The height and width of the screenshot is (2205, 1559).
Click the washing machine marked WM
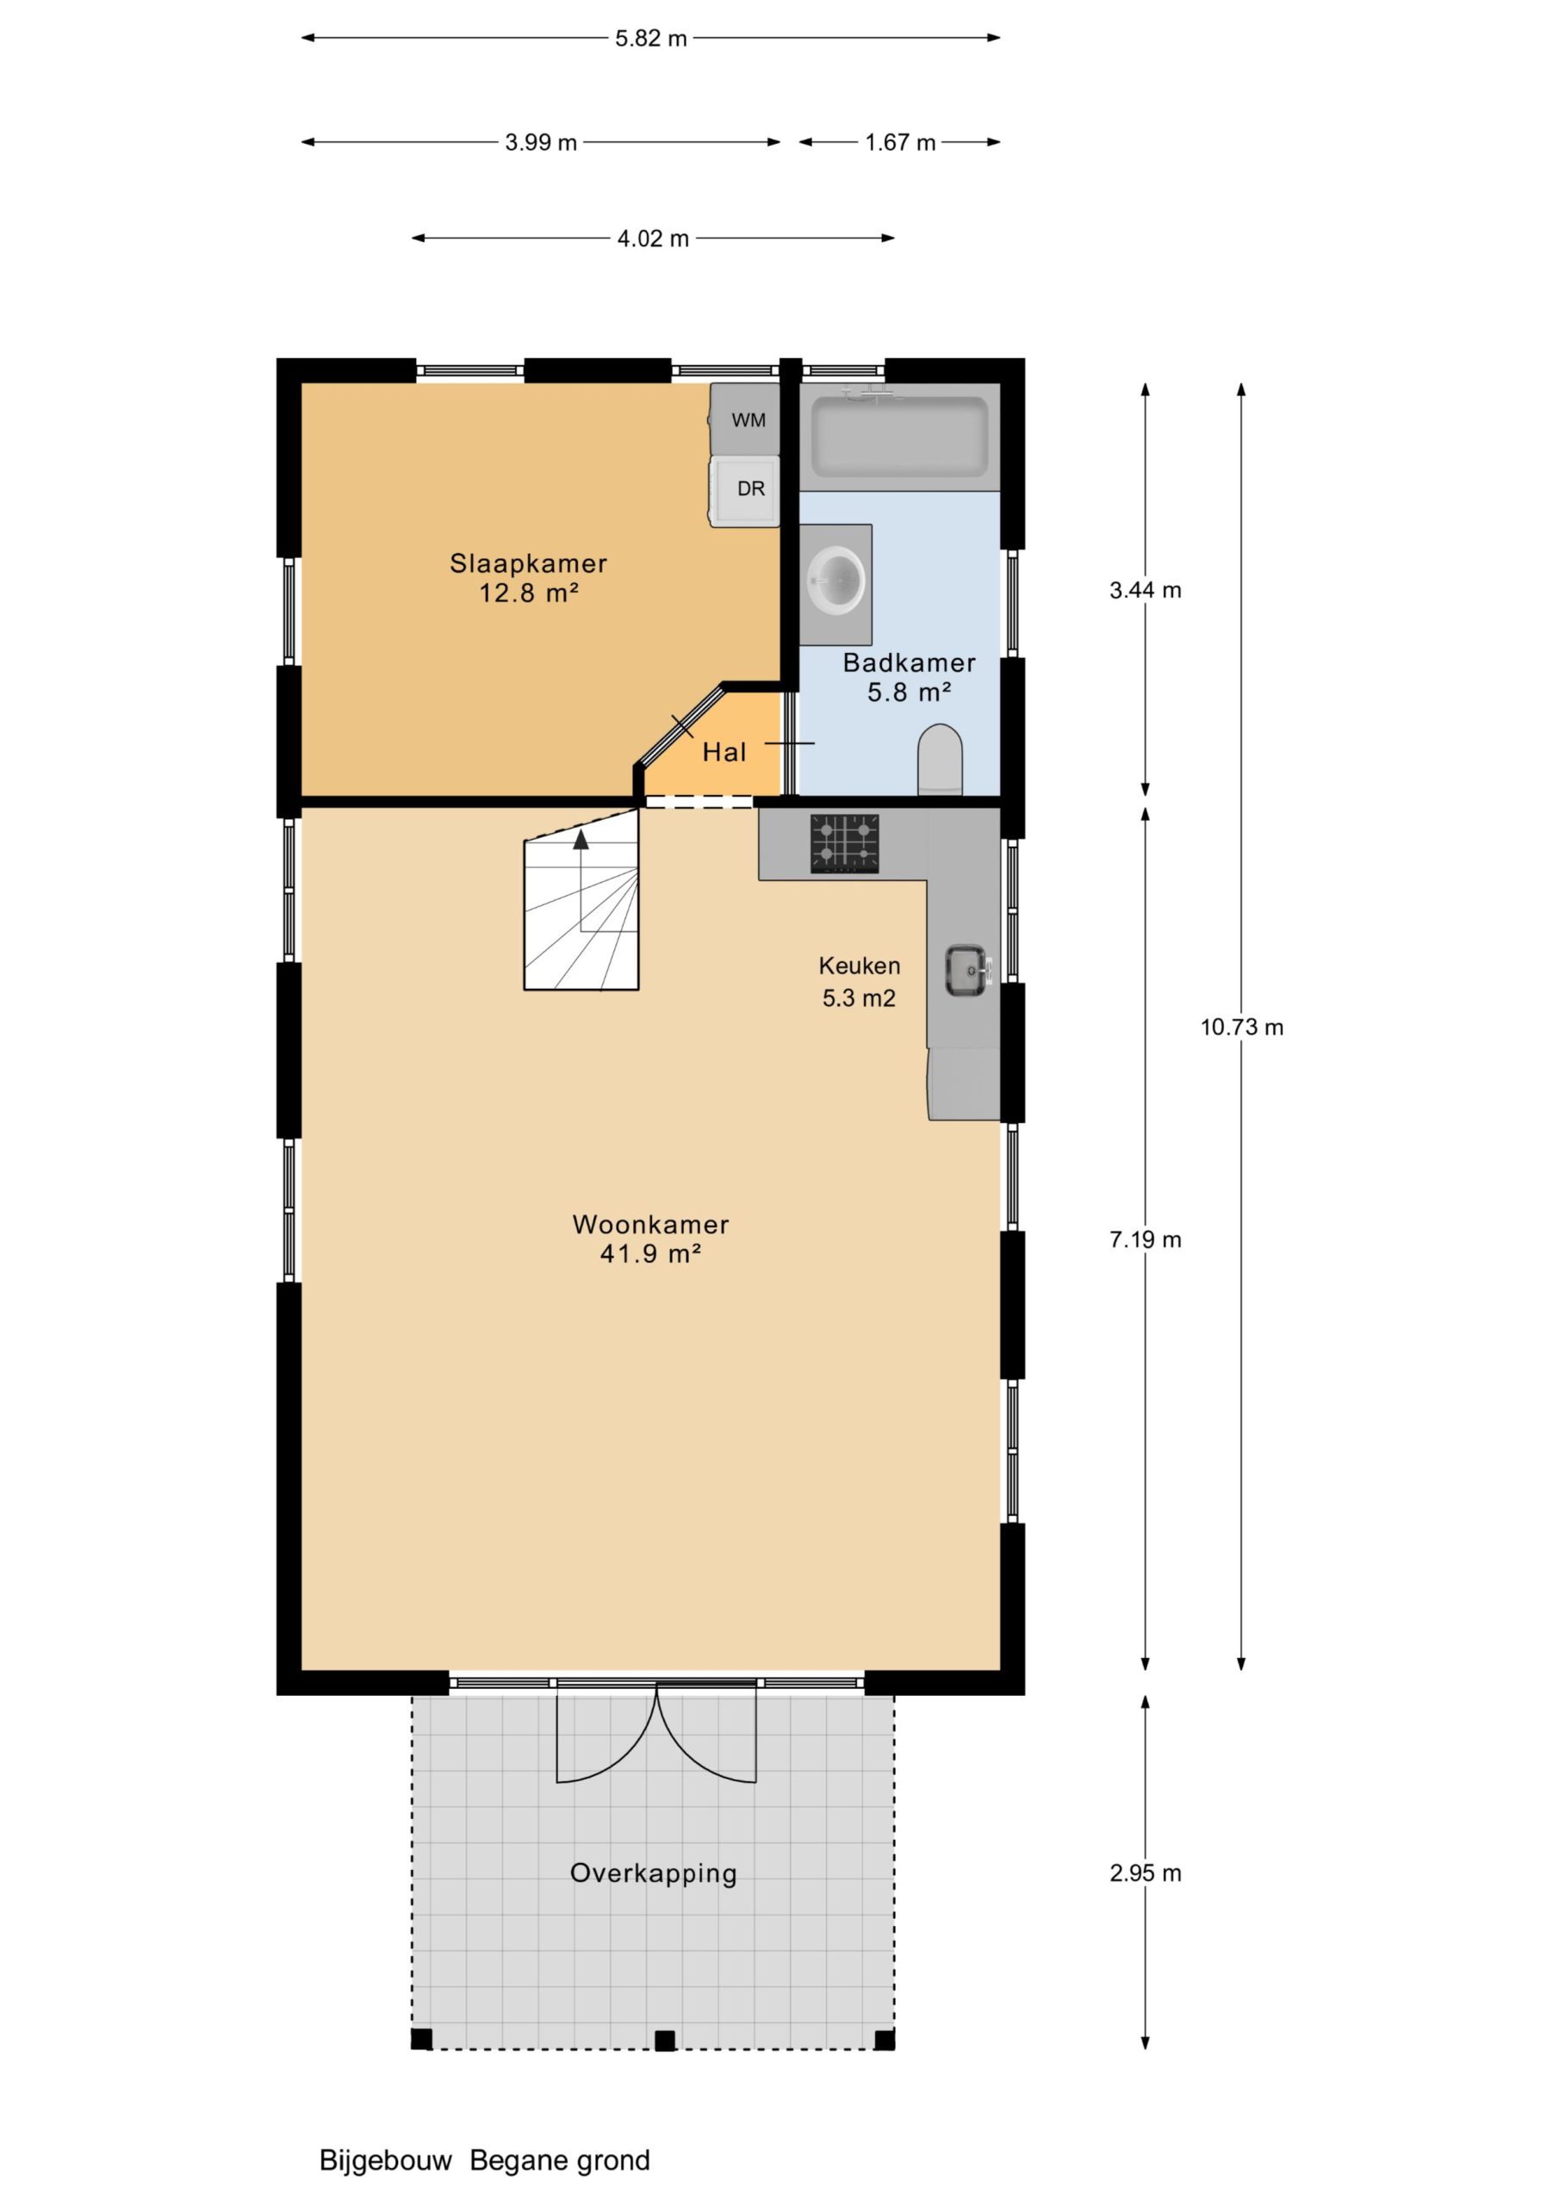(x=744, y=419)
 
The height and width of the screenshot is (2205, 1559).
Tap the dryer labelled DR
(x=744, y=491)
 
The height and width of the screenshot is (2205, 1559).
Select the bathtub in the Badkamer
(x=899, y=437)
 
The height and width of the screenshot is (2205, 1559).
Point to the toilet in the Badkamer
(x=940, y=760)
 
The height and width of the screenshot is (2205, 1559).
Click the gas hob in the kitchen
(x=844, y=843)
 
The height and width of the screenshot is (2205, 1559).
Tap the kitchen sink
(x=966, y=970)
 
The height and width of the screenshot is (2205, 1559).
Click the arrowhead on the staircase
(x=581, y=839)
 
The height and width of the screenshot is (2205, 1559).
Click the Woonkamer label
(x=650, y=1225)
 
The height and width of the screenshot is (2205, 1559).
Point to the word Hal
(x=724, y=752)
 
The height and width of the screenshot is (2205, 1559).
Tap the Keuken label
(x=859, y=966)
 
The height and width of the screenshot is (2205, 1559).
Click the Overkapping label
(x=653, y=1873)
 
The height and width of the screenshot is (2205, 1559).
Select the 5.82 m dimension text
(x=651, y=39)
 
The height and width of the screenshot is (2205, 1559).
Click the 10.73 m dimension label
(x=1241, y=1027)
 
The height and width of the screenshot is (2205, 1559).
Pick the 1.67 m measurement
(x=900, y=142)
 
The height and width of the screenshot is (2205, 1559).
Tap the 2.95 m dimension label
(x=1145, y=1873)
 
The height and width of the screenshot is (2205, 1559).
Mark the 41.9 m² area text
(x=650, y=1253)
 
